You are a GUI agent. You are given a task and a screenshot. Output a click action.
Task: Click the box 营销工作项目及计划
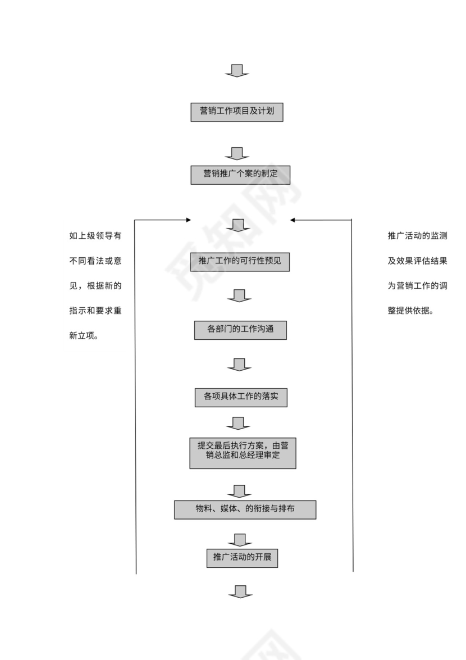click(236, 112)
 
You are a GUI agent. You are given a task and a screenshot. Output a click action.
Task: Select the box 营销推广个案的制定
click(240, 174)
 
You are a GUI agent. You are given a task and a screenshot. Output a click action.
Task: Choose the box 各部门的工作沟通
click(240, 330)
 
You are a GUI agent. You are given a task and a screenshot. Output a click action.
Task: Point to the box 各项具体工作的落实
click(241, 397)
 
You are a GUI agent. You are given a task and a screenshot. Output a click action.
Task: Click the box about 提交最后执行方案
click(243, 453)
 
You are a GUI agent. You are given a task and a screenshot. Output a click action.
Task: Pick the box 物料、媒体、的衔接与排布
click(245, 509)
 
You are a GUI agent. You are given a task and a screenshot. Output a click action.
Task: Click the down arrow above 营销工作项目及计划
click(237, 71)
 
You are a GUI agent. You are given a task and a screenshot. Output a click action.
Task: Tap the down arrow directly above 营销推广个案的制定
click(237, 153)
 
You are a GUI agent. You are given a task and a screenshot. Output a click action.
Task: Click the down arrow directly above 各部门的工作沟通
click(239, 296)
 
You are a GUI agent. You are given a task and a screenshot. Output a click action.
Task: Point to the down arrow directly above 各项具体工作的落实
click(239, 365)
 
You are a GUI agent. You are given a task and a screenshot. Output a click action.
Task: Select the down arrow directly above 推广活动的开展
click(240, 540)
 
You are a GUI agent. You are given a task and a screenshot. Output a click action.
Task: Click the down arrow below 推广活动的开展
click(240, 591)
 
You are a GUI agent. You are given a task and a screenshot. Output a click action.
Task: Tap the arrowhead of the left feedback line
click(189, 220)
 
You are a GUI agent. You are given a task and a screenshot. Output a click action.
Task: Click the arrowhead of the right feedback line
click(293, 220)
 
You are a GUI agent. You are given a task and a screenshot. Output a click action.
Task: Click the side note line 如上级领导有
click(95, 236)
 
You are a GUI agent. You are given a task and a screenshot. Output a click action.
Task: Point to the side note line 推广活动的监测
click(417, 236)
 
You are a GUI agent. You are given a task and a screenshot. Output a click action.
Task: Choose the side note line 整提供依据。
click(410, 311)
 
